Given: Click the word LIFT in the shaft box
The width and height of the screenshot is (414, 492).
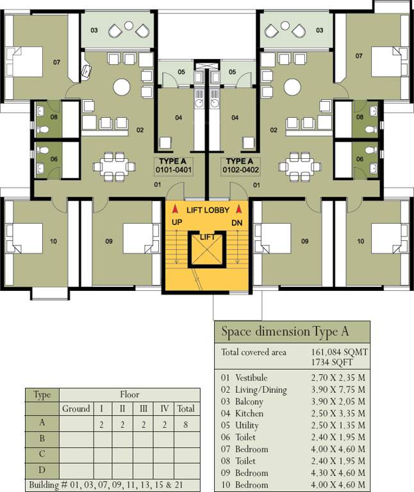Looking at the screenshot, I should [207, 238].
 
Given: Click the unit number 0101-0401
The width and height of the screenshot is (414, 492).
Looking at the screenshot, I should [174, 170].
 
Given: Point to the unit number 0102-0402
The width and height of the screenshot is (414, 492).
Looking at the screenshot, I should [240, 170].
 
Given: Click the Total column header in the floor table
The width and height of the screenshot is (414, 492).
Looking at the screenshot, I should [186, 409].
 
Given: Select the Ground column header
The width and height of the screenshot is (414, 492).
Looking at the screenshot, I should [76, 409].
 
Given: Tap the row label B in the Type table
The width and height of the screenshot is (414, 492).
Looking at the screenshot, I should [42, 439].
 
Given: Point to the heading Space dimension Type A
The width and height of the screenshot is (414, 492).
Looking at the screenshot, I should [285, 332].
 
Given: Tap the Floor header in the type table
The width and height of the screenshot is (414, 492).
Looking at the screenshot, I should [129, 395].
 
